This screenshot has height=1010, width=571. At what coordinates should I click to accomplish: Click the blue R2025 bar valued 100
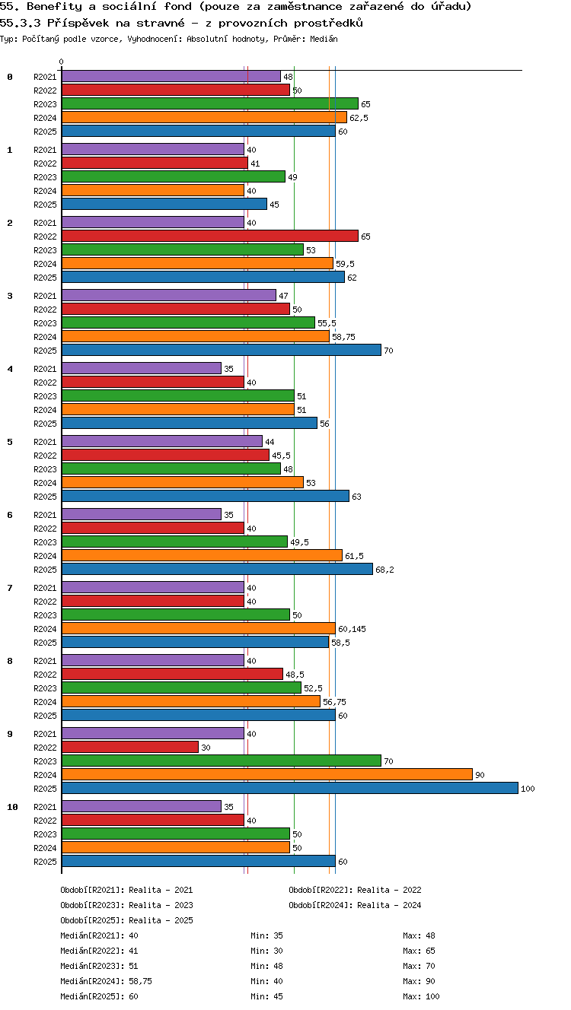[x=290, y=788]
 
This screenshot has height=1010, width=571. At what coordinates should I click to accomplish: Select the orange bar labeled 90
[x=267, y=775]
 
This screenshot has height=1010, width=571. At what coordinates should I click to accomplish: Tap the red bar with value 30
[x=130, y=747]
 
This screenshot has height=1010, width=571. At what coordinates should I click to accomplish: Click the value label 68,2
[x=384, y=570]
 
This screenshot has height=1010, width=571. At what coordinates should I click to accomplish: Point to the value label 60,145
[x=352, y=629]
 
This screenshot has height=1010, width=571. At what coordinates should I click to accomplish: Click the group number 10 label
[x=12, y=807]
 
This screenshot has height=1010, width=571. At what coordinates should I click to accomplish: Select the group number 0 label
[x=10, y=77]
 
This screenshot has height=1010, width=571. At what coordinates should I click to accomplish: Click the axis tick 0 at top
[x=62, y=62]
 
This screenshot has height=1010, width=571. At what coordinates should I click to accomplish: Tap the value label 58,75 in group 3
[x=343, y=337]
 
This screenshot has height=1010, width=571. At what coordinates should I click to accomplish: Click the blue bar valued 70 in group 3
[x=222, y=350]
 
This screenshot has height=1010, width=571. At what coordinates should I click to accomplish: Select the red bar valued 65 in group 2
[x=210, y=236]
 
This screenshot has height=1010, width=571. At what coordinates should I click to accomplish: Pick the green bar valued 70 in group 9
[x=222, y=761]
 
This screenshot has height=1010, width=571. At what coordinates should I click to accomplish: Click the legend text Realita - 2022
[x=389, y=890]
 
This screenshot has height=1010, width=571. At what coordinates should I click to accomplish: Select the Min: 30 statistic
[x=266, y=951]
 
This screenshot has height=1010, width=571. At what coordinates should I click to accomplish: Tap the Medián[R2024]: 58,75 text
[x=106, y=980]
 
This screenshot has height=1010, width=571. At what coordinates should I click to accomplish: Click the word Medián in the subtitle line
[x=324, y=39]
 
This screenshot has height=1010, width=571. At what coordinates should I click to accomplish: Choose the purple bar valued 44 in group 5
[x=162, y=441]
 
